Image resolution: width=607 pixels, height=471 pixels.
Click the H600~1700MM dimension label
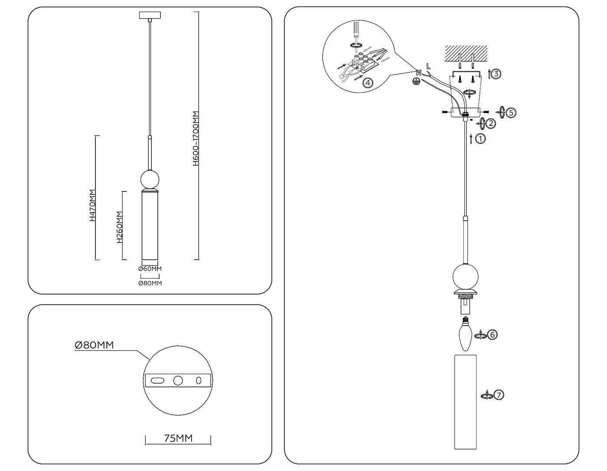point(196,139)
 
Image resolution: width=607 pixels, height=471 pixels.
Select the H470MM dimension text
point(92,206)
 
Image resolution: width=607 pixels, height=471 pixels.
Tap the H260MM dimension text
point(120,227)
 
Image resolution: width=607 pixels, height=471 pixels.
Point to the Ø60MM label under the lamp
point(150,269)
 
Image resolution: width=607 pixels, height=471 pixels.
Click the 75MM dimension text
point(178,438)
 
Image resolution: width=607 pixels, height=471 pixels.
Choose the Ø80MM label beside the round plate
point(94,345)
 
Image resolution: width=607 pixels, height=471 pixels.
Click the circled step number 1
point(480,139)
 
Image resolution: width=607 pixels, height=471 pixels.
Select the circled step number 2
point(490,123)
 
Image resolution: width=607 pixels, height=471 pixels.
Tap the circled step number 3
point(496,74)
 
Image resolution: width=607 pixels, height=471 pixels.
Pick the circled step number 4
point(367,83)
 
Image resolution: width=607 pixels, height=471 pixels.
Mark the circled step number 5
point(511,113)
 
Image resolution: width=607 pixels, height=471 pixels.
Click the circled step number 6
point(492,335)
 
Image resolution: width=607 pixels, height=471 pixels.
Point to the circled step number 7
point(499,395)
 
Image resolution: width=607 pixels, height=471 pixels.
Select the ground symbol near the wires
point(416,81)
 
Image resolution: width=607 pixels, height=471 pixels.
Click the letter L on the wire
point(428,67)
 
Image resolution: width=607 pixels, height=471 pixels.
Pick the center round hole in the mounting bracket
point(178,381)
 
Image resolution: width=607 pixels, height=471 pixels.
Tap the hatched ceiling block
point(466,53)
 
